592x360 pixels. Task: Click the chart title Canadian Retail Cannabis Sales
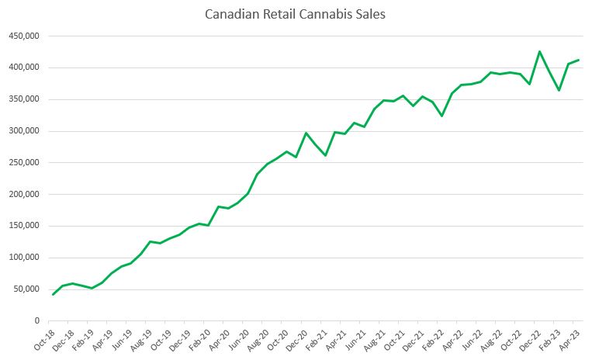coord(296,15)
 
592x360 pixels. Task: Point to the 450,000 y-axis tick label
coord(23,36)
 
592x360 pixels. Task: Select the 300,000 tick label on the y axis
coord(23,131)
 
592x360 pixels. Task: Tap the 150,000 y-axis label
coord(23,226)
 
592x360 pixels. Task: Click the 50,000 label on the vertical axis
coord(26,289)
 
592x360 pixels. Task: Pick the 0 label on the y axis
coord(36,321)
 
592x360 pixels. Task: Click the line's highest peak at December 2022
coord(539,52)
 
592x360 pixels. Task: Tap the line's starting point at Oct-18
coord(53,294)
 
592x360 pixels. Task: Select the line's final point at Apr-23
coord(578,60)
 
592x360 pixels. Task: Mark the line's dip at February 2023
coord(559,90)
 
